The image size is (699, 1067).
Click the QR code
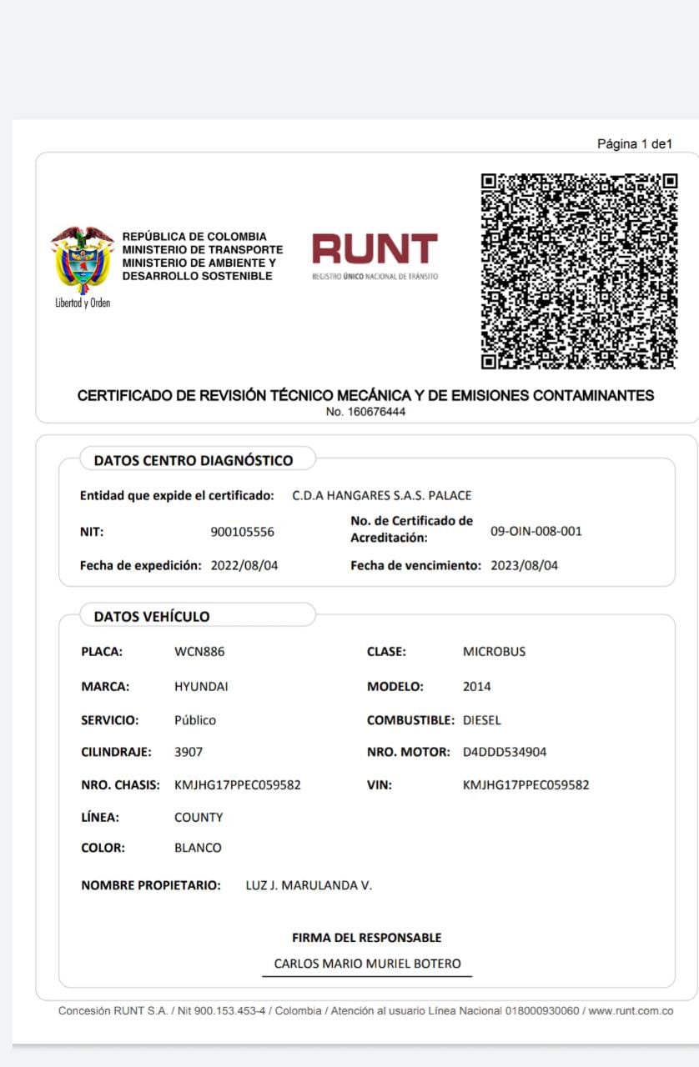(x=579, y=271)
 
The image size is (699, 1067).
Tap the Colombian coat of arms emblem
(x=83, y=261)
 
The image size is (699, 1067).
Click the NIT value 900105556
(x=242, y=532)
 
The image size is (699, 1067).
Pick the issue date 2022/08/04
(x=244, y=565)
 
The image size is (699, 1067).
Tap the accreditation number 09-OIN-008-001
(x=536, y=531)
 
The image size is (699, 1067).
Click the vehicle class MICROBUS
(x=494, y=652)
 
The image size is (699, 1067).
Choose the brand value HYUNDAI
(x=201, y=687)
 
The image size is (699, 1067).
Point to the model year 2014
(x=477, y=687)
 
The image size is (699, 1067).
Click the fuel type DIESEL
(x=482, y=719)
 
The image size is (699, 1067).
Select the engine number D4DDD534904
(x=505, y=752)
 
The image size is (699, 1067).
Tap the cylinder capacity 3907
(x=189, y=752)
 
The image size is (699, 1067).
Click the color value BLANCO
(x=198, y=848)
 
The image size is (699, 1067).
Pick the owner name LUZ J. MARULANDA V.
(x=309, y=885)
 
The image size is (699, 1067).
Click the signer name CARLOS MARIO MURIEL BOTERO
(x=367, y=964)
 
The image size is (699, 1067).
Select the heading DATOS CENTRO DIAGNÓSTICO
(x=194, y=460)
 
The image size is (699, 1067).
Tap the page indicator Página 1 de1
(x=634, y=144)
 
